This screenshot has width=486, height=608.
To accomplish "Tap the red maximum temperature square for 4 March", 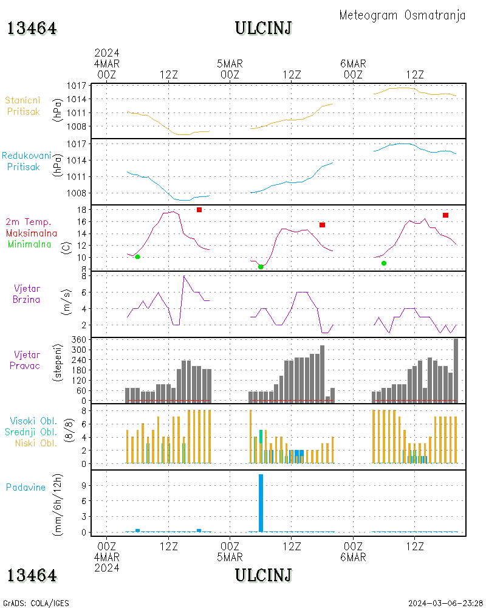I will coord(199,210).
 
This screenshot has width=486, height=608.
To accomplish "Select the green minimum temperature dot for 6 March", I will coord(384,263).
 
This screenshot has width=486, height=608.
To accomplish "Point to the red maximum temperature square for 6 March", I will coord(446,215).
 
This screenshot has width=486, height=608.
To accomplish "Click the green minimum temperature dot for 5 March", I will coord(261,267).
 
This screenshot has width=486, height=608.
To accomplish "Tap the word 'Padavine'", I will coord(26,487).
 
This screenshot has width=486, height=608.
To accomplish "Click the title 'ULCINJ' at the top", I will coord(263,28).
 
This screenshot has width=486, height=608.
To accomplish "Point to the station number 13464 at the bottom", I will coord(32,575).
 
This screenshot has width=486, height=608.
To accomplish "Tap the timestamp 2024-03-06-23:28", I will coord(445,603).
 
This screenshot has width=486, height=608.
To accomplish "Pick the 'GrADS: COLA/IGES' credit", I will coord(36,603).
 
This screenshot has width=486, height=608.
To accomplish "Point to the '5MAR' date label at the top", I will coord(230,63).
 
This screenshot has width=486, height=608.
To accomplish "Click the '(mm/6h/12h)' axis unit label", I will coord(59,503).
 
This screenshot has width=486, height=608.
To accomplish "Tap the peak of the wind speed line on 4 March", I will coord(184,276).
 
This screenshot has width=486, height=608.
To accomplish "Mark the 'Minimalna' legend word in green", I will coord(29,244).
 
